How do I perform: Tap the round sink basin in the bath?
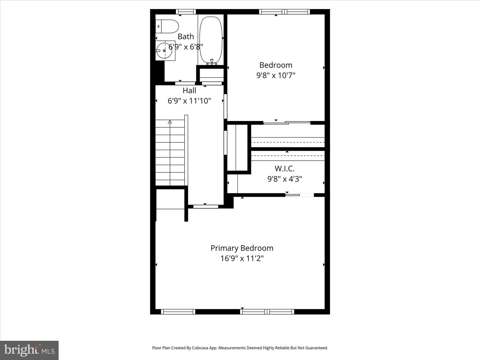coord(165,51)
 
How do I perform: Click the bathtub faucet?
coord(211,62)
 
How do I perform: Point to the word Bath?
coord(186,36)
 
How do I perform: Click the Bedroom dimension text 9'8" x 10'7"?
coord(276,75)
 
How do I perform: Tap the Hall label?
coord(189,90)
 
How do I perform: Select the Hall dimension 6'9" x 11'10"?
coord(189,101)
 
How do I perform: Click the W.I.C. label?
coord(284,169)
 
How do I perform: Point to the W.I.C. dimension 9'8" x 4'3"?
coord(284,179)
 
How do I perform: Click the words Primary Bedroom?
coord(242,248)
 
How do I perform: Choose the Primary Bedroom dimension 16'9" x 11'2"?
coord(242,258)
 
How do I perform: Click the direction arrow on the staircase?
coord(170,122)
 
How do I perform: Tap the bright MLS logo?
coord(29,350)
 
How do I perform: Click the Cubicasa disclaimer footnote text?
coord(240,348)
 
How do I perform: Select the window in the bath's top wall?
coord(186,12)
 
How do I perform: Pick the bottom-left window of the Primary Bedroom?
coord(178,312)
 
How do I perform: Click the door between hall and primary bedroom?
coord(206,206)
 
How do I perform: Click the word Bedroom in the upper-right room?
coord(276,65)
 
